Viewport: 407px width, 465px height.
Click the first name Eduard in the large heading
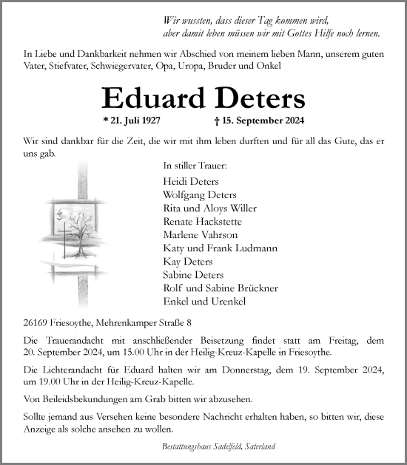click(x=144, y=98)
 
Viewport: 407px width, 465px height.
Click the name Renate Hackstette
click(x=201, y=221)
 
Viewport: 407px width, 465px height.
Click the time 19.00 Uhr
click(x=53, y=381)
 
